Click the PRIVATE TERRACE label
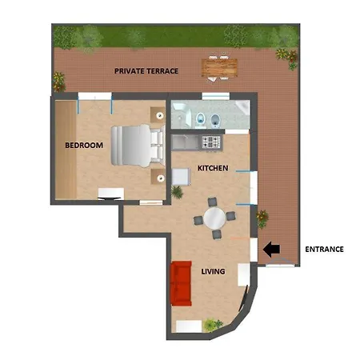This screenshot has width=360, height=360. point(146,71)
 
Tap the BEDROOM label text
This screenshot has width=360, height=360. point(84,146)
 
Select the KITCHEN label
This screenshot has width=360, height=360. point(213,168)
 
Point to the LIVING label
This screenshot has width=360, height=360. point(213,271)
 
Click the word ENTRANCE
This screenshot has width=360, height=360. point(324,250)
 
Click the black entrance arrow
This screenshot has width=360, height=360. point(271,250)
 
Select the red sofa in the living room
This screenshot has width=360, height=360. point(181,283)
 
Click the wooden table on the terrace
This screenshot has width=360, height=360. point(219,68)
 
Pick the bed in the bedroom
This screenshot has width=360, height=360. point(138,146)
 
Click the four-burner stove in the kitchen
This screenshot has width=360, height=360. point(211,142)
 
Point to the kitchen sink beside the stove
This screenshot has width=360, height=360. point(186,142)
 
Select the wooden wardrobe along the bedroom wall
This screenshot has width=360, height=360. point(66,150)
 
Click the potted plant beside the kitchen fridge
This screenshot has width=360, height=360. point(177,192)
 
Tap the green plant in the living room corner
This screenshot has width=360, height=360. point(213,325)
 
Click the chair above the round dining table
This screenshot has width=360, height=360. point(212,202)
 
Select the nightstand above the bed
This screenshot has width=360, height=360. point(158,115)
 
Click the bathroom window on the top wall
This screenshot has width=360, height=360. point(216,96)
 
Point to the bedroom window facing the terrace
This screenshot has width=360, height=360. point(94,96)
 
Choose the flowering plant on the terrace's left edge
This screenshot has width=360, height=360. point(59,82)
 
